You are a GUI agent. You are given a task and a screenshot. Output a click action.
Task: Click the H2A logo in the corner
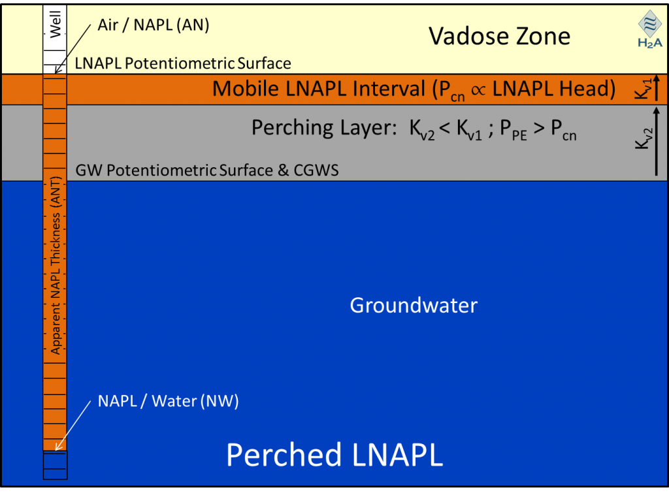pos(650,29)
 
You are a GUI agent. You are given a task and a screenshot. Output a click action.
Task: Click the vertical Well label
pos(56,24)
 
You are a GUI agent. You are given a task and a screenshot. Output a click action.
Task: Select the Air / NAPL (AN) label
pos(154,25)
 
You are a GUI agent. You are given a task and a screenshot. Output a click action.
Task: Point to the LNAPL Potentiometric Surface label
pos(183,63)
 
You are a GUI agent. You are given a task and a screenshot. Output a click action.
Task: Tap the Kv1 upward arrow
pos(656,88)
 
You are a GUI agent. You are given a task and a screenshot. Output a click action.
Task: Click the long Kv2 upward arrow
pos(656,141)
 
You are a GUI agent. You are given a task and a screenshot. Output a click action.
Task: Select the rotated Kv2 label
pos(643,138)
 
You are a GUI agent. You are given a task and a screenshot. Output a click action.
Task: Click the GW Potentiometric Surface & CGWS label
pos(207,170)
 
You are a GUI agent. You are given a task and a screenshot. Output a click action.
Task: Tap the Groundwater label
pos(414,306)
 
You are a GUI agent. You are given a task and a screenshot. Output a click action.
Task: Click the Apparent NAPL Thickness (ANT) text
pos(56,265)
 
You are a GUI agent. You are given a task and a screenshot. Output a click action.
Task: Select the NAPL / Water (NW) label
pos(168,401)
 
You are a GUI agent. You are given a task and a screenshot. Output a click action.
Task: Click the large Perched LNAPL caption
pos(334,455)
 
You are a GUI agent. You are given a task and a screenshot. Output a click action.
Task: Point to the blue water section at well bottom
pos(55,465)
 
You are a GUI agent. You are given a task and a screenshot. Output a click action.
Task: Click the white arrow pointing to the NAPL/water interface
pos(73,425)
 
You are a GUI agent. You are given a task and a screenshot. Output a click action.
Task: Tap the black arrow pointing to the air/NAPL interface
pos(73,48)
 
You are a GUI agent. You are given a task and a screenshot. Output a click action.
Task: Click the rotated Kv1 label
pos(643,88)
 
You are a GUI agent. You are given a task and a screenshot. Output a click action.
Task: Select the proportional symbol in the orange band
pos(478,90)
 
